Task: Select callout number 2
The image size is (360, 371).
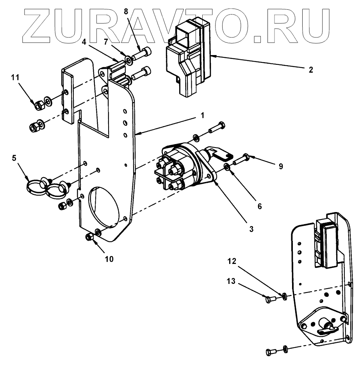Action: [x=311, y=70]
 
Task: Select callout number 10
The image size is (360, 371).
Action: [x=109, y=259]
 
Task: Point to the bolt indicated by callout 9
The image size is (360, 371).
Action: [x=240, y=160]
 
